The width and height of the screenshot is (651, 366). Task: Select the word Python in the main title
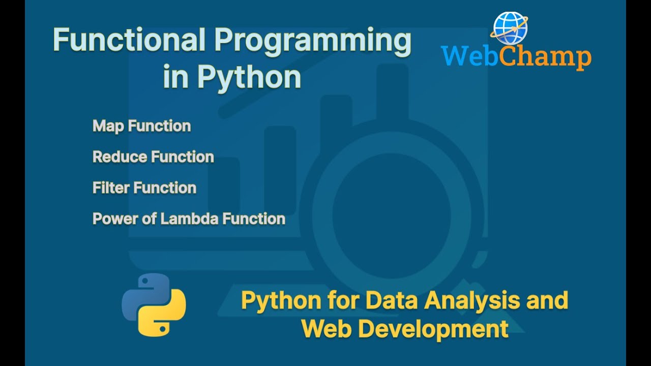(x=249, y=77)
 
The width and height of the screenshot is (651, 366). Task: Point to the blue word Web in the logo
(x=468, y=56)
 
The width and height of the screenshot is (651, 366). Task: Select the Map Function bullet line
(x=141, y=126)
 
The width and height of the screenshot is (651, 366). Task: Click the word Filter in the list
(x=108, y=188)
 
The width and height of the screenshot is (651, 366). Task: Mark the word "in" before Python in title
(x=175, y=77)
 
